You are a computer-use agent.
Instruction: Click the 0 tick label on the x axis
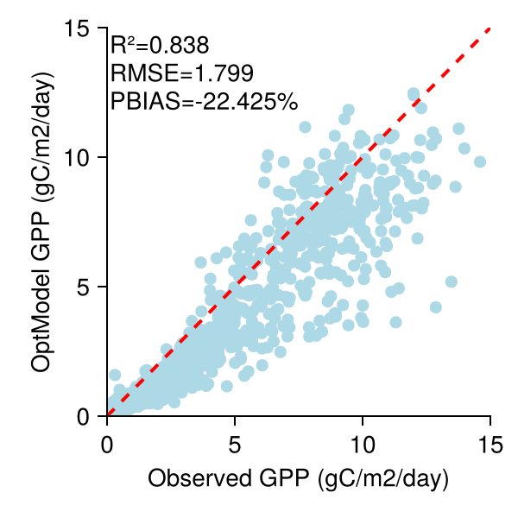pos(107,445)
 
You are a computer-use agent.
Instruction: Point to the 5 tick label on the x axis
pos(235,445)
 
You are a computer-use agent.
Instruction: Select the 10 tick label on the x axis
pos(363,445)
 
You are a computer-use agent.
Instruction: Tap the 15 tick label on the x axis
pos(490,445)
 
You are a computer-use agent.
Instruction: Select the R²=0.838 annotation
pos(160,44)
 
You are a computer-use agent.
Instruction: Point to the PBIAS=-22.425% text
pos(205,101)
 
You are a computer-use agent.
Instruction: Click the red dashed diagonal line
pos(363,158)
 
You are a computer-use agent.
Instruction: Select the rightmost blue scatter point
pos(480,161)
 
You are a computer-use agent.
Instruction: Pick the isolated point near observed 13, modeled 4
pos(436,307)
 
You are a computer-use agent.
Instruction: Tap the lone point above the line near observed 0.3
pos(115,376)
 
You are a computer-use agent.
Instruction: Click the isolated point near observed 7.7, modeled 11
pos(304,127)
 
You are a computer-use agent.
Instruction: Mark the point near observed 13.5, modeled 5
pos(451,281)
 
